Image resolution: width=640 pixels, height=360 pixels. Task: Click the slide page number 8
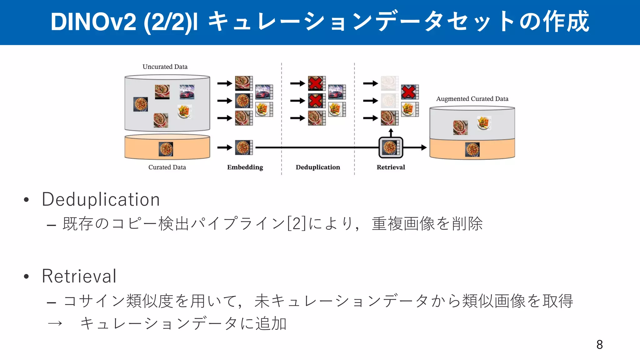click(599, 345)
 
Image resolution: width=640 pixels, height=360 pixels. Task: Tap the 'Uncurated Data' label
click(165, 67)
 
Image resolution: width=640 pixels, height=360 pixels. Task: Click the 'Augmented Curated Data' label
click(472, 99)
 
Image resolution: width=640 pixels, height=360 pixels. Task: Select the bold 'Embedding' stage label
click(245, 167)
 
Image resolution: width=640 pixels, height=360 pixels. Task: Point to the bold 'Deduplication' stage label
click(318, 167)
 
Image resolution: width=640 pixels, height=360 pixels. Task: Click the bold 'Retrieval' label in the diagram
click(391, 167)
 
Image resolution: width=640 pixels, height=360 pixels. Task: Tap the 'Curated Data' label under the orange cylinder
click(167, 167)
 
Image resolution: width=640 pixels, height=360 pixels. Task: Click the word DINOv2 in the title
click(93, 22)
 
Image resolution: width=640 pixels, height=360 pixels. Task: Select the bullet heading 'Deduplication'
click(101, 199)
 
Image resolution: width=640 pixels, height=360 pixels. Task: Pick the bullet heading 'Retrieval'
click(79, 276)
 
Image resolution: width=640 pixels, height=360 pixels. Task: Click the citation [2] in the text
click(296, 224)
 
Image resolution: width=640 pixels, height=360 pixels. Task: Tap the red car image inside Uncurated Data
click(187, 92)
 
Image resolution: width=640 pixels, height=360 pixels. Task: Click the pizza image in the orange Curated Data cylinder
click(166, 149)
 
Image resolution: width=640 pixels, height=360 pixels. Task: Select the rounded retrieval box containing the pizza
click(391, 147)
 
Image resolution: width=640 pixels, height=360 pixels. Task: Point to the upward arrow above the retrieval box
click(391, 132)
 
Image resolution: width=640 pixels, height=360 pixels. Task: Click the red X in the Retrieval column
click(409, 92)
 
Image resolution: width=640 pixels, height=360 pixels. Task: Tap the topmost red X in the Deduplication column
click(316, 83)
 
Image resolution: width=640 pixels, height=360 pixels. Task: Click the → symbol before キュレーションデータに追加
click(55, 323)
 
